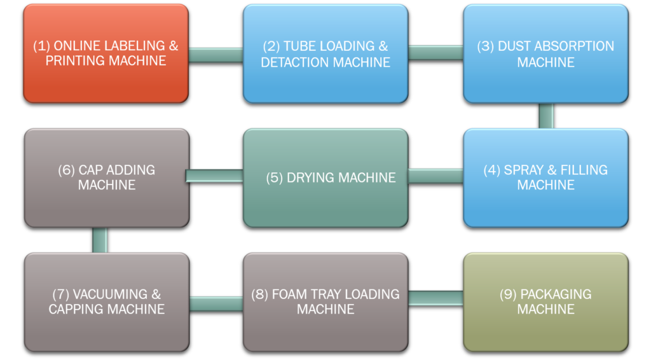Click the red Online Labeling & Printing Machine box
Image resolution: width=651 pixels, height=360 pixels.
[106, 53]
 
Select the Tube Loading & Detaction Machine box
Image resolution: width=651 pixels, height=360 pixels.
[325, 53]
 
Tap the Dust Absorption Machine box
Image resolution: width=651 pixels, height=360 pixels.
[545, 53]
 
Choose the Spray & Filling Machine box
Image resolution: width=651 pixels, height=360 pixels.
[545, 177]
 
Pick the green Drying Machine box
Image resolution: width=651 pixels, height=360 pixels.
[325, 177]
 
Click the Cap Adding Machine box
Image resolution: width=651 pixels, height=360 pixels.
[107, 177]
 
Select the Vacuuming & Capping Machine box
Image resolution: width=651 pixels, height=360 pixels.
[107, 302]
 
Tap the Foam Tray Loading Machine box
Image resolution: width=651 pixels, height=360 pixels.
[325, 302]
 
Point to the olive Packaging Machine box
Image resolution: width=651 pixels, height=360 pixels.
[545, 302]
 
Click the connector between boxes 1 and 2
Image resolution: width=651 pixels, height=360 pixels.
[216, 55]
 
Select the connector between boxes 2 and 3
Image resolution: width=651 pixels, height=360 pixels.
[436, 53]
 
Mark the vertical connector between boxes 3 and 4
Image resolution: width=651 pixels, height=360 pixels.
[546, 116]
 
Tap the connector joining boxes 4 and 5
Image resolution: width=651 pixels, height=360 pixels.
[436, 176]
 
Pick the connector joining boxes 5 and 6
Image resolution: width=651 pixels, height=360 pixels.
[214, 176]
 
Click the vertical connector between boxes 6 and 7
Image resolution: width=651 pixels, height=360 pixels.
[100, 240]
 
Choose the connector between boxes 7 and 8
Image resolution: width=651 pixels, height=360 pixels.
[216, 304]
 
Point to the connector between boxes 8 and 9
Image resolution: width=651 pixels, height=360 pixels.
[436, 298]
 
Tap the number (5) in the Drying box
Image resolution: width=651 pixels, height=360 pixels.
[275, 177]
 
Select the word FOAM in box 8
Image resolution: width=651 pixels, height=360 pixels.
[289, 294]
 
